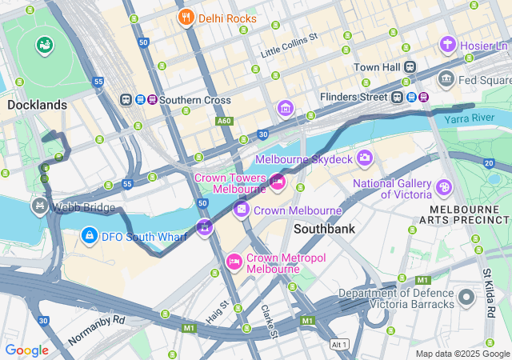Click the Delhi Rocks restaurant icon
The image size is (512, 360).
coord(186,18)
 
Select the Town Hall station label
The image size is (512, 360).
coord(377,67)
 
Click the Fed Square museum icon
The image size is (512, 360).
coord(446,80)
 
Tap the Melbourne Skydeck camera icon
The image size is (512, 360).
coord(365,158)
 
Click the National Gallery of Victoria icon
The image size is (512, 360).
coord(444,187)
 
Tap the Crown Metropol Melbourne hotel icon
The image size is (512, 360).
coord(234,262)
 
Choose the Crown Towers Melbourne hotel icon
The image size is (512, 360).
coord(278,182)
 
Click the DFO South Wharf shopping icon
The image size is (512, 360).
coord(90,236)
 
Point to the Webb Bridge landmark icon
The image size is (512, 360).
coord(38,206)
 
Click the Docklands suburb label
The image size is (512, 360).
coord(37,105)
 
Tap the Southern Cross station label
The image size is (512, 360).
coord(194,100)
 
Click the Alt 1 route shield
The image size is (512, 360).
coord(340,344)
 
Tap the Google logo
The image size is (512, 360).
coord(26,350)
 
